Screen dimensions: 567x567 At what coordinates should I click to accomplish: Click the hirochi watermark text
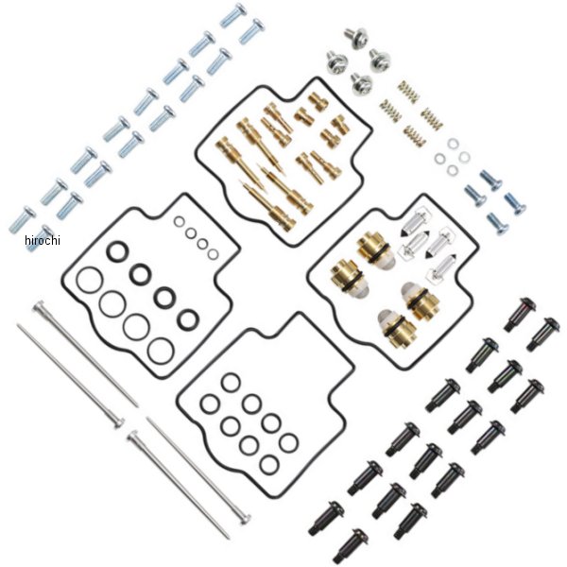41,240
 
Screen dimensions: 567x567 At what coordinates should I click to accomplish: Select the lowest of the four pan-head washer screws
361,82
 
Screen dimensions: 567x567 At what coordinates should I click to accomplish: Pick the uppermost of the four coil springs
406,88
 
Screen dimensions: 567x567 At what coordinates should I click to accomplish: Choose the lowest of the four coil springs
417,134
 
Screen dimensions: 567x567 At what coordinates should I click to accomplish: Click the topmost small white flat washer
453,144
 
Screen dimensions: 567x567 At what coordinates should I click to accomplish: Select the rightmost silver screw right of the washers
516,202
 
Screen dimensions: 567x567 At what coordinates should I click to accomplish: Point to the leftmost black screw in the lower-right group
324,514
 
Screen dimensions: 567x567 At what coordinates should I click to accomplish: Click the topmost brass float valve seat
369,249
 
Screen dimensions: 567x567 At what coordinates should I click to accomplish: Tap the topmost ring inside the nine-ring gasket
231,382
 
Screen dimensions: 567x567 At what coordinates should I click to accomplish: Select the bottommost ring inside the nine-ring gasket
270,464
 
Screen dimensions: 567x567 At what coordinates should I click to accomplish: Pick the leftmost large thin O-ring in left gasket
87,281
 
